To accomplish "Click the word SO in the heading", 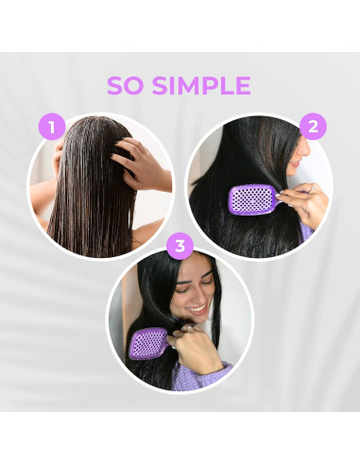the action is [x=125, y=85].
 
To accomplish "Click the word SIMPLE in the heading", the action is [x=201, y=85].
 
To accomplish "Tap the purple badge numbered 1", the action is [x=52, y=127].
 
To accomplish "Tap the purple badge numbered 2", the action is [x=313, y=127].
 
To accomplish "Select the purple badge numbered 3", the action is [x=180, y=246].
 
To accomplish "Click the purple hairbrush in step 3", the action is [x=148, y=343].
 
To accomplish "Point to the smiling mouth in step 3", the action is [x=197, y=308].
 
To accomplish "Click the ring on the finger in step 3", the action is [x=189, y=328].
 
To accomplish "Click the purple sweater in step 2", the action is [x=306, y=232].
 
